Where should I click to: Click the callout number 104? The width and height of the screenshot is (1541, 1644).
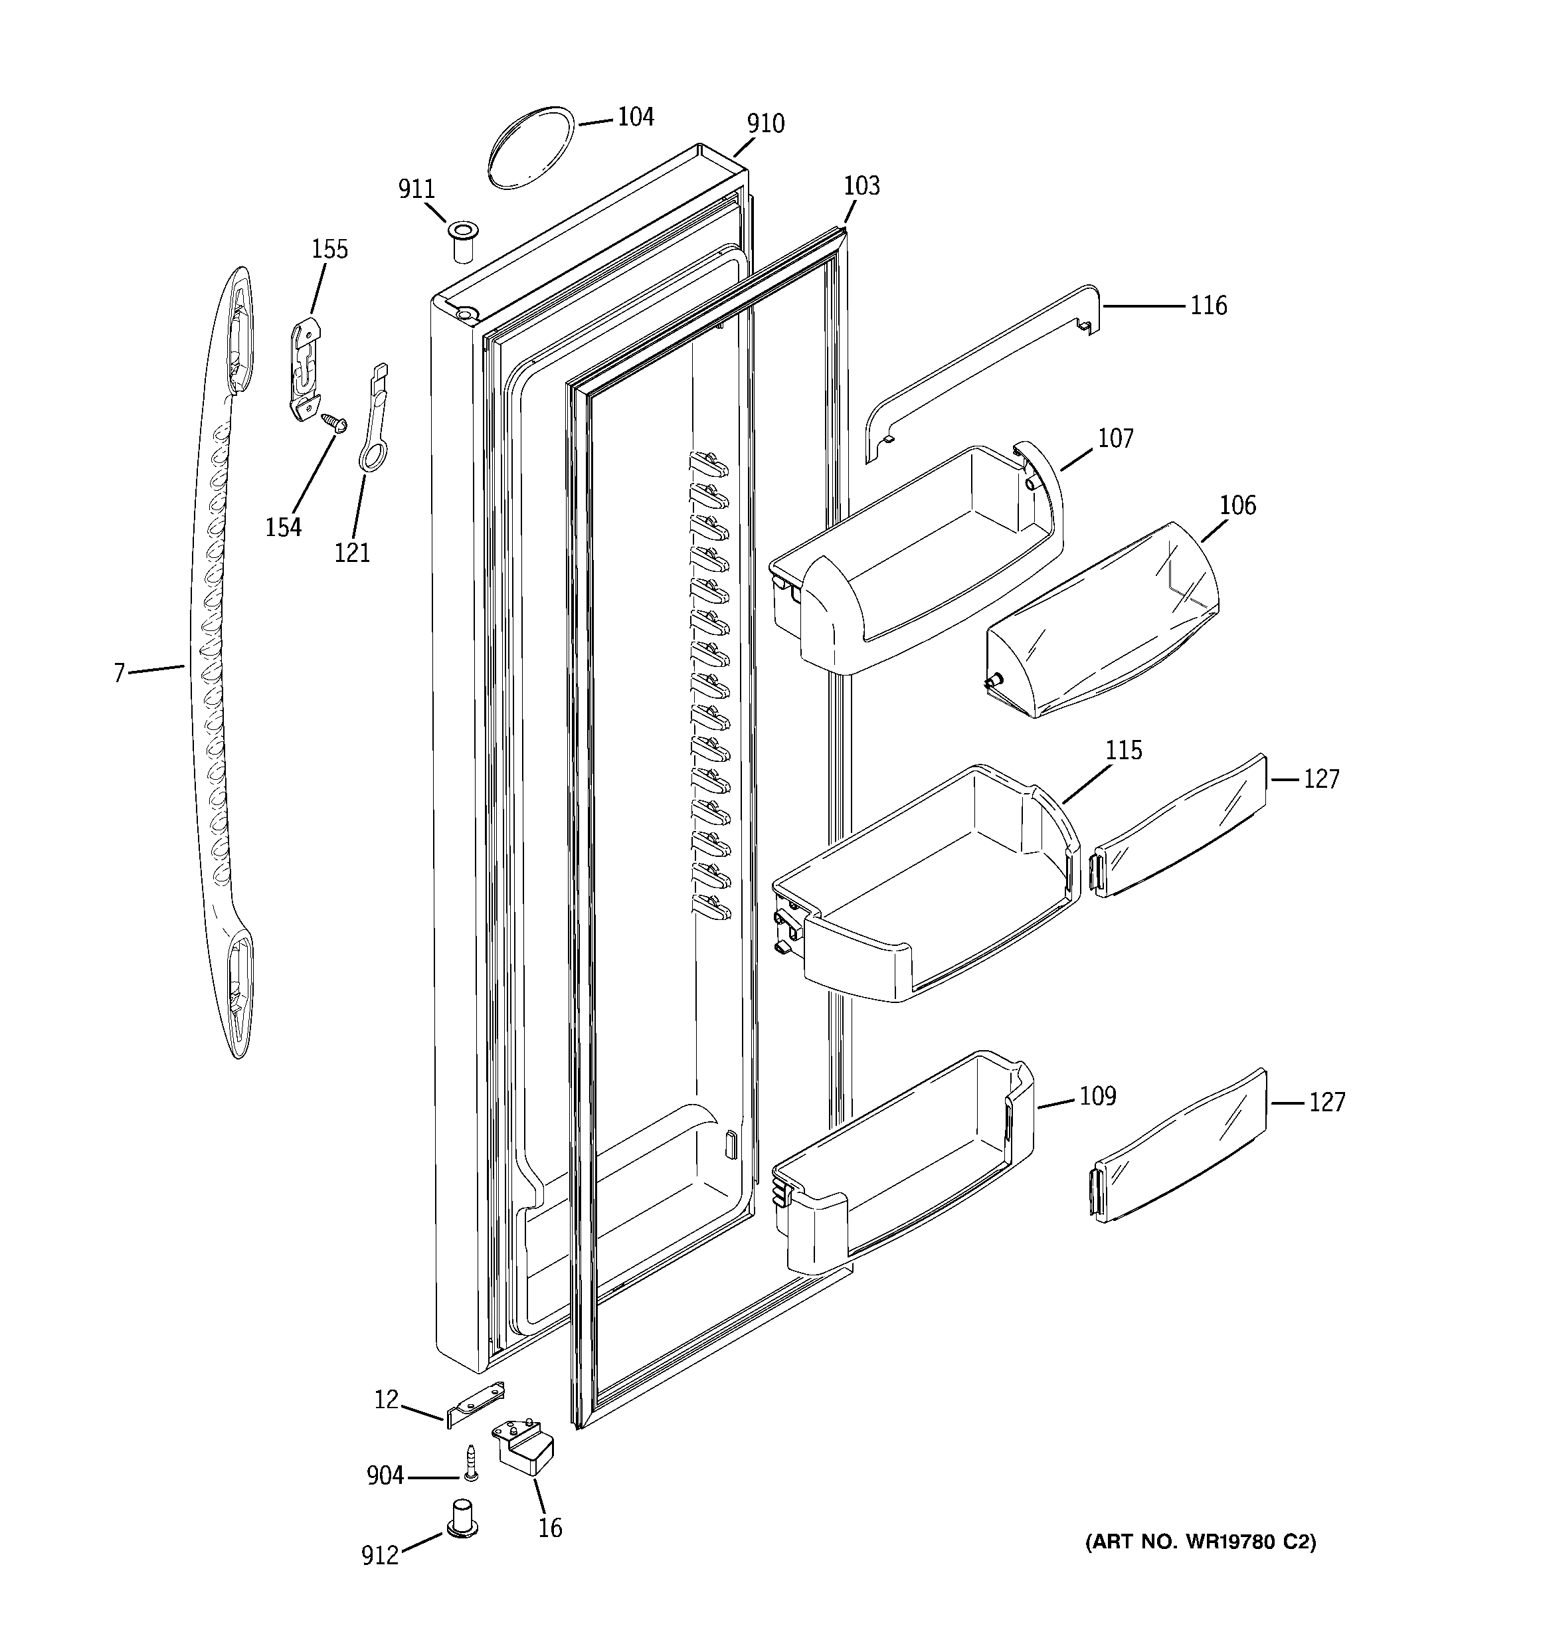(635, 118)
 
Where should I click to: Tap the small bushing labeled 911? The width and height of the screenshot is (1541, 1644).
(463, 240)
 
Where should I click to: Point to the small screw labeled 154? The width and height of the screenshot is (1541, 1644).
(335, 423)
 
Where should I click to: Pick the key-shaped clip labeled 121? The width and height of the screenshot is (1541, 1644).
(371, 422)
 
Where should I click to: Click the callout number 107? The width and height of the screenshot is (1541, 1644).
(1115, 438)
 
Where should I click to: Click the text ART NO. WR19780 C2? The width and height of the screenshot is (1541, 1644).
(1200, 1542)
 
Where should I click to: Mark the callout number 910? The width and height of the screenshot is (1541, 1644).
(765, 124)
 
